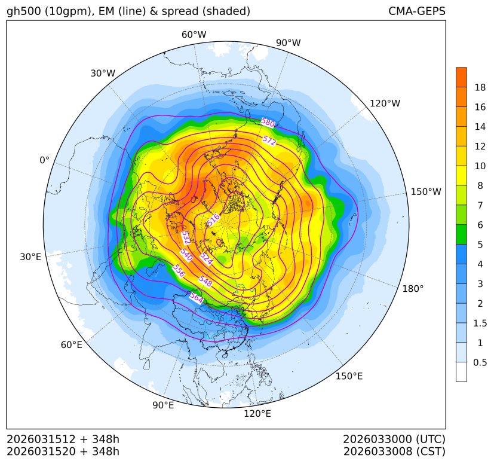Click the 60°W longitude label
coord(194,35)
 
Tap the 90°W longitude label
coord(288,42)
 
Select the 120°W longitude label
coord(385,103)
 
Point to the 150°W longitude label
coord(426,192)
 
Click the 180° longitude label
coord(413,289)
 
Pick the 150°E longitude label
coord(349,376)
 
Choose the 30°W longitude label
coord(103,74)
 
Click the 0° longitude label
coord(45,160)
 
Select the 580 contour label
coord(268,123)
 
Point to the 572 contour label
coord(269,141)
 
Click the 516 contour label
coord(213,219)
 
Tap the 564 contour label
coord(196,297)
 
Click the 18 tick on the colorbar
coord(480,87)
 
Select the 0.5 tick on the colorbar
coord(480,362)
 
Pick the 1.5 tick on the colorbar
coord(480,323)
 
